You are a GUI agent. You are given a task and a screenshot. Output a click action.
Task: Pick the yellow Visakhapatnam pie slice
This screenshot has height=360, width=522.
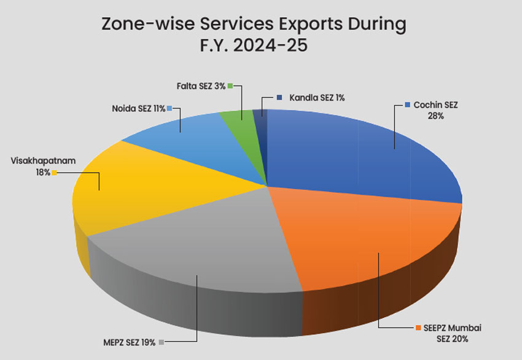(x=135, y=190)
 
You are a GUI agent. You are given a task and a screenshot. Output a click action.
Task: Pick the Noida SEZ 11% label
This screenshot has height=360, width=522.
(x=139, y=109)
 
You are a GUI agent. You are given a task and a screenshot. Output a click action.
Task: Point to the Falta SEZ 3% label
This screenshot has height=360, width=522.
(x=201, y=86)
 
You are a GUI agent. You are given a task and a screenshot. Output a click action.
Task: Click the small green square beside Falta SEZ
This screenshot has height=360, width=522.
(x=230, y=86)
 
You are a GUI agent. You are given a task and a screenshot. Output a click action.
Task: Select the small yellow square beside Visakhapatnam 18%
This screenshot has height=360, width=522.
(x=54, y=173)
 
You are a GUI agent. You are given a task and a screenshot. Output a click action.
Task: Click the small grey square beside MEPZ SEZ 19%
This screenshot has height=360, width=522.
(x=162, y=342)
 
